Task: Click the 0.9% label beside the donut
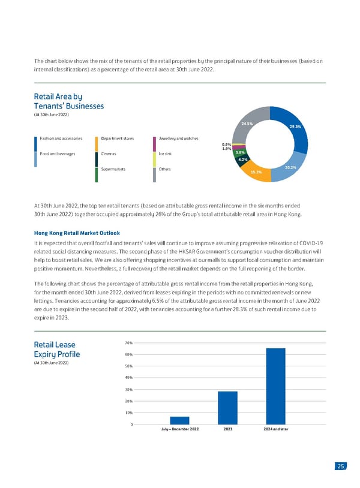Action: pyautogui.click(x=226, y=144)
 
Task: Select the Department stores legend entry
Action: pyautogui.click(x=118, y=138)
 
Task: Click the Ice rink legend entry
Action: pyautogui.click(x=166, y=154)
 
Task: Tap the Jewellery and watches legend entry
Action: pyautogui.click(x=178, y=138)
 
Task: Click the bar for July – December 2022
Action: pyautogui.click(x=179, y=420)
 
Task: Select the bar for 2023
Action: pyautogui.click(x=227, y=408)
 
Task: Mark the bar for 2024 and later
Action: pyautogui.click(x=275, y=386)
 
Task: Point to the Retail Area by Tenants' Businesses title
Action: pyautogui.click(x=69, y=101)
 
